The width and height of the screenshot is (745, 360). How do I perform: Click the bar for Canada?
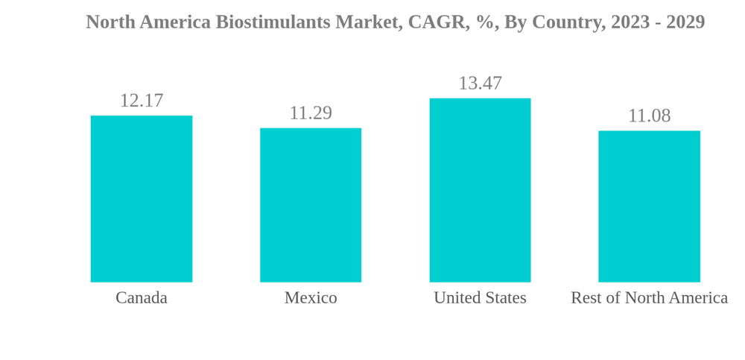[x=142, y=198]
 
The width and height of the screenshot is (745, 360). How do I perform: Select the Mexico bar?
[x=311, y=205]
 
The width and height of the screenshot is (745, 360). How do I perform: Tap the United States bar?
[x=480, y=190]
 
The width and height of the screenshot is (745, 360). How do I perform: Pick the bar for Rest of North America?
[x=649, y=206]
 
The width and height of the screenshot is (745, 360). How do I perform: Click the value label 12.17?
[x=142, y=101]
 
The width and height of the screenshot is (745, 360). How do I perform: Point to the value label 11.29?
[x=311, y=113]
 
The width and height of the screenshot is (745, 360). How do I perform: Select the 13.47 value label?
[x=480, y=83]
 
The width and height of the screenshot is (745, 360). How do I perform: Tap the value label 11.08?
[x=649, y=116]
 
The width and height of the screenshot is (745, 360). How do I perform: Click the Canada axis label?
[x=142, y=298]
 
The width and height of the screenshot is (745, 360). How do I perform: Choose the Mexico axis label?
[x=311, y=298]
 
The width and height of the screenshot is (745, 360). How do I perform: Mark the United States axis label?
[x=480, y=298]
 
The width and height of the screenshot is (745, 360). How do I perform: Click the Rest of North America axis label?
[x=649, y=298]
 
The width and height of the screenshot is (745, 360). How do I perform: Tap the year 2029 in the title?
[x=685, y=22]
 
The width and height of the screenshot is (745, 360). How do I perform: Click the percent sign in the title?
[x=481, y=22]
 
